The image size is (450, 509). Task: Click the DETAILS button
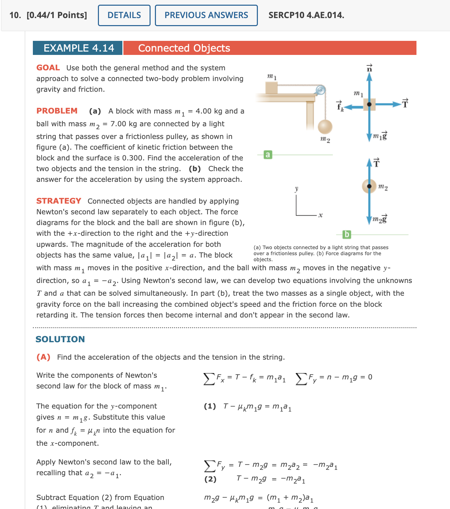click(124, 15)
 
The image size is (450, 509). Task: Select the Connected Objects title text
click(184, 48)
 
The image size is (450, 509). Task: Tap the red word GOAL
click(48, 68)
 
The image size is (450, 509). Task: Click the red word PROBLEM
click(57, 111)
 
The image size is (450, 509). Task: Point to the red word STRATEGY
click(59, 201)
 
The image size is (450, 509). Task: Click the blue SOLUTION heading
click(60, 339)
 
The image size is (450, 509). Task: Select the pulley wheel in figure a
click(320, 90)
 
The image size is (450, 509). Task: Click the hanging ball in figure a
click(325, 127)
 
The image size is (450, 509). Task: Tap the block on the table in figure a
click(271, 88)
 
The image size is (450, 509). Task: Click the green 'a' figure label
click(267, 155)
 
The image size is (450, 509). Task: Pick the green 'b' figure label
click(346, 234)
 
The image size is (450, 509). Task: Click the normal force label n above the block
click(369, 68)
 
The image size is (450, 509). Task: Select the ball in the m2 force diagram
click(369, 186)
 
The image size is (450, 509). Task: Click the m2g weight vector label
click(380, 219)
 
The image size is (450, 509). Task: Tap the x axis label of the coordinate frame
click(321, 215)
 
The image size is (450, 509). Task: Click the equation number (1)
click(210, 406)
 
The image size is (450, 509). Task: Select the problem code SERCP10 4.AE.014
click(306, 15)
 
